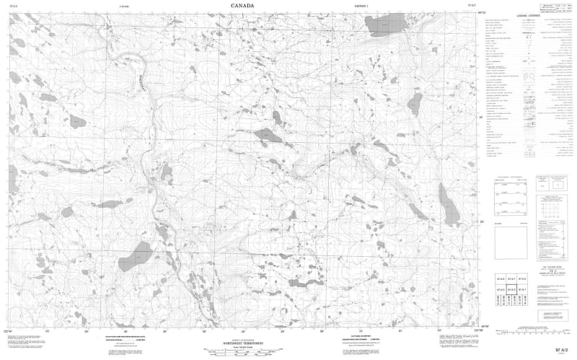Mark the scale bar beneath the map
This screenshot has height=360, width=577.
pyautogui.click(x=242, y=348)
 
